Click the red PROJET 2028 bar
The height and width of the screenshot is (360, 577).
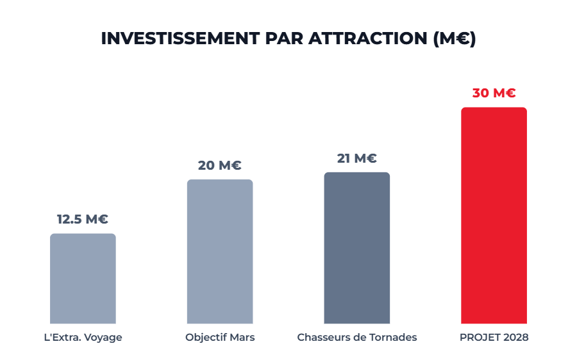494,215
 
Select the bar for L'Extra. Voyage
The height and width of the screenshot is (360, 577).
83,279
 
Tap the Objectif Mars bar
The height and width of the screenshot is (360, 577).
220,251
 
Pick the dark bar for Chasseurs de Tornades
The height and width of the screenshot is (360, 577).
356,248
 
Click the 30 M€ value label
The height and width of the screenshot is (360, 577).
494,93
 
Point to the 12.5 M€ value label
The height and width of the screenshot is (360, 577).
83,219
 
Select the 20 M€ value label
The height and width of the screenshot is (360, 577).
220,165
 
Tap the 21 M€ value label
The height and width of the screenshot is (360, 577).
356,158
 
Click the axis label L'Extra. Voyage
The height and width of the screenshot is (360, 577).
83,338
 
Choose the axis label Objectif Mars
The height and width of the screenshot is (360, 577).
220,338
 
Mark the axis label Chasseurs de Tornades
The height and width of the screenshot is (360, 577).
357,338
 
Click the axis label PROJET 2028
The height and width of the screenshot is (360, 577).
494,338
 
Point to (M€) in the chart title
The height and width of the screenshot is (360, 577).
453,38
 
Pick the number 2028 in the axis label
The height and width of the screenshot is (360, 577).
515,338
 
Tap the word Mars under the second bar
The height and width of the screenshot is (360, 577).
242,338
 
